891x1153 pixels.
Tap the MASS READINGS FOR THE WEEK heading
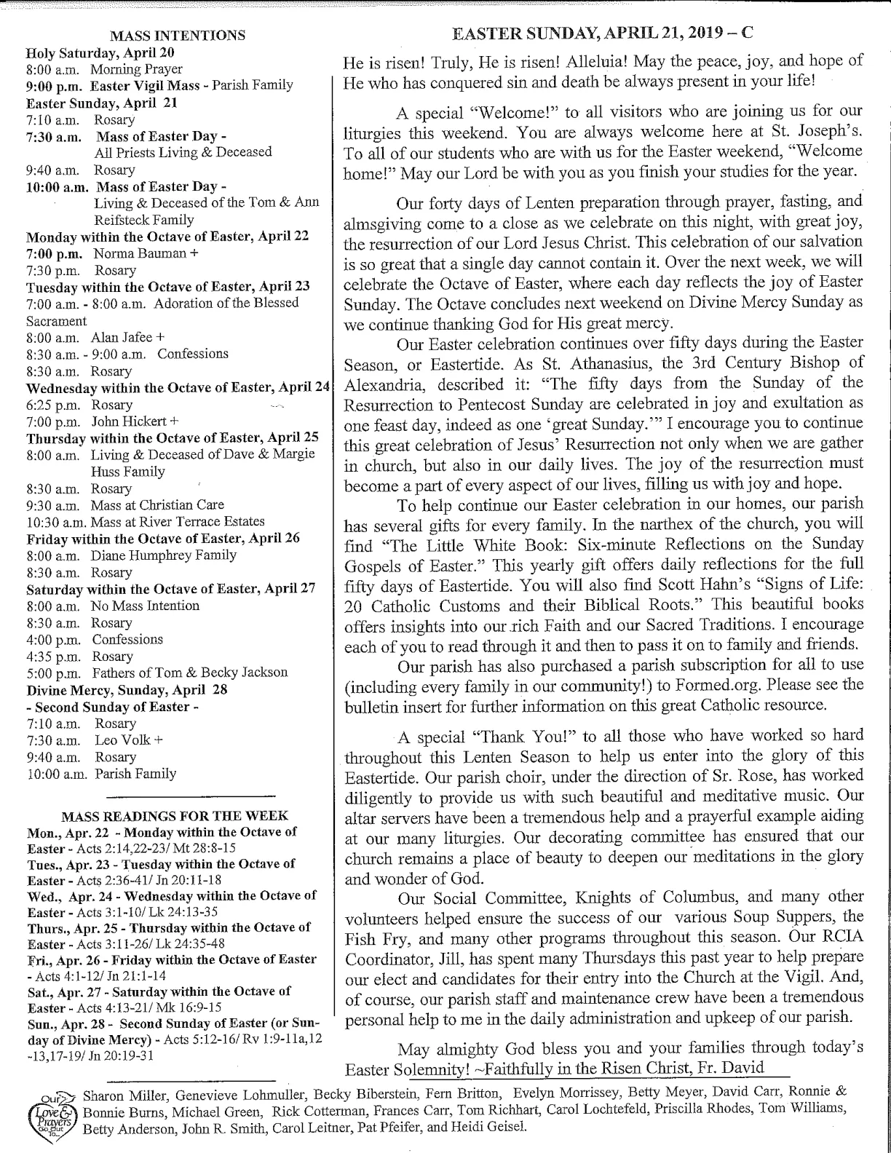[x=175, y=816]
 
